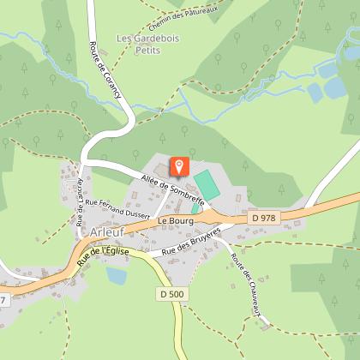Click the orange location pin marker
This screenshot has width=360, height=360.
pos(180,165)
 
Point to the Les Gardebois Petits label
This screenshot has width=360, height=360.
pos(142,45)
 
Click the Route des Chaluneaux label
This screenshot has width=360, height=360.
pos(246,287)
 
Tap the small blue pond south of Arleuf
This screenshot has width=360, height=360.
pos(116,275)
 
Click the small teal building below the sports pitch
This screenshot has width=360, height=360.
pos(196,207)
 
